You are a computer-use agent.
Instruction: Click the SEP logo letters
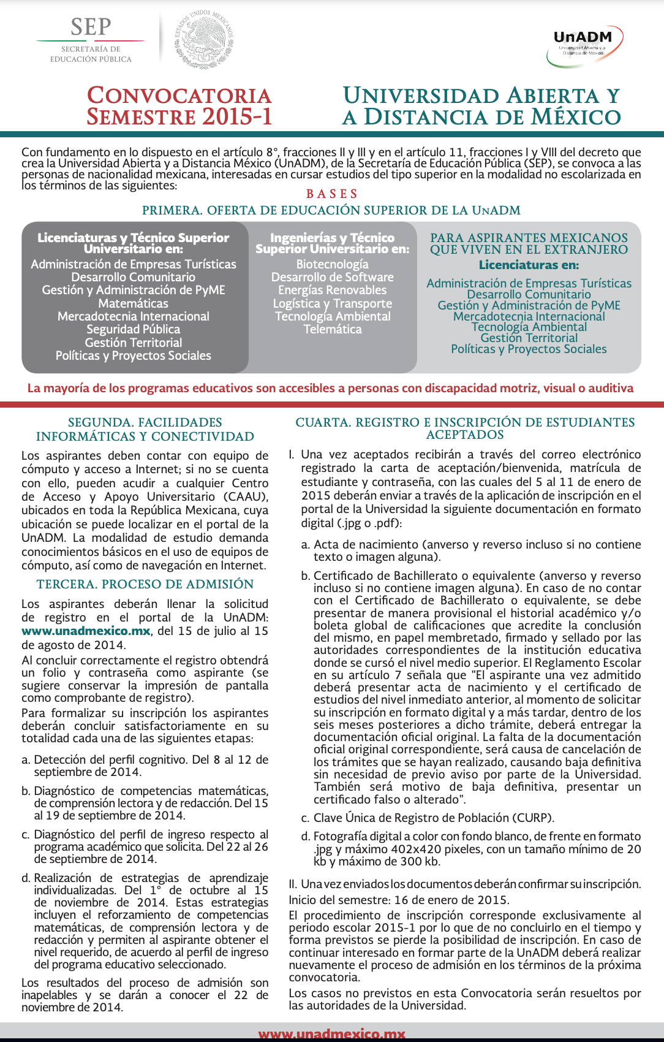click(91, 28)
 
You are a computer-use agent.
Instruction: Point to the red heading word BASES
click(331, 194)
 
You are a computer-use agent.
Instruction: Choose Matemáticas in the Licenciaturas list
click(133, 303)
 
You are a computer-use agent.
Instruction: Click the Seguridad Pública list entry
click(133, 329)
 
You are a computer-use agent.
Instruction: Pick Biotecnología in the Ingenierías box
click(332, 264)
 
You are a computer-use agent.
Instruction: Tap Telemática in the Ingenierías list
click(332, 329)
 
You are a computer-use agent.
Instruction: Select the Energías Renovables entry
click(332, 290)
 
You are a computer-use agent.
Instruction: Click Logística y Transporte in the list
click(332, 303)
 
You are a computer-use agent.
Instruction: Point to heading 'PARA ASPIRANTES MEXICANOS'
click(529, 238)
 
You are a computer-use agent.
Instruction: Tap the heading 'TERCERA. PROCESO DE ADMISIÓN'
click(145, 584)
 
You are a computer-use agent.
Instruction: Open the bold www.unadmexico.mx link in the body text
click(86, 631)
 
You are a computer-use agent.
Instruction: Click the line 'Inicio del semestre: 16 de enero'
click(398, 900)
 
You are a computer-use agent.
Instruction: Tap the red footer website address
click(331, 1034)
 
